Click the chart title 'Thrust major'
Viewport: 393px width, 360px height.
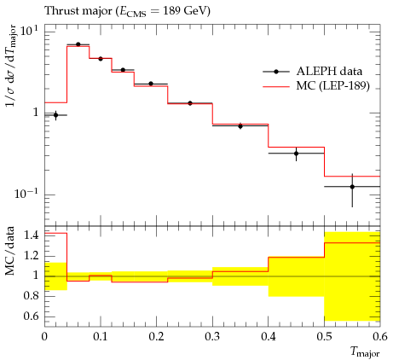point(78,11)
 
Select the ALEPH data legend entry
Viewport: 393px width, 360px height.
point(313,72)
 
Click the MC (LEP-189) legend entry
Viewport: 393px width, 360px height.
point(316,85)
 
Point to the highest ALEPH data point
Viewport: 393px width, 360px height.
point(78,44)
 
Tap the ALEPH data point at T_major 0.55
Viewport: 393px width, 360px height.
point(352,187)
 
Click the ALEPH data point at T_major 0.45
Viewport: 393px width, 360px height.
point(297,154)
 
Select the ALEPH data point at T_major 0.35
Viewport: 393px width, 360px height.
point(240,126)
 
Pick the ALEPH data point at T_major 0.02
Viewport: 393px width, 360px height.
point(55,115)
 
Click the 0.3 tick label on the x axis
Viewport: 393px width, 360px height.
point(212,337)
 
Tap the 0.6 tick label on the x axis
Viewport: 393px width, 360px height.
point(380,337)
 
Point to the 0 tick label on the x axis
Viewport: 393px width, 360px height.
point(44,337)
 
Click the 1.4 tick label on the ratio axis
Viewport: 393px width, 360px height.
point(31,235)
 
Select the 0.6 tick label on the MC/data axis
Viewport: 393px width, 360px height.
point(31,316)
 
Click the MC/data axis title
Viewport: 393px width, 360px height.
point(10,251)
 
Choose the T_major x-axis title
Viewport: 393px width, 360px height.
point(365,352)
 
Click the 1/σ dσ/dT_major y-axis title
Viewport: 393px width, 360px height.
point(11,66)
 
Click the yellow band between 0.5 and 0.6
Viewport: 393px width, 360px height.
point(352,276)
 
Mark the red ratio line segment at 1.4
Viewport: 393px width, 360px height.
point(55,233)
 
